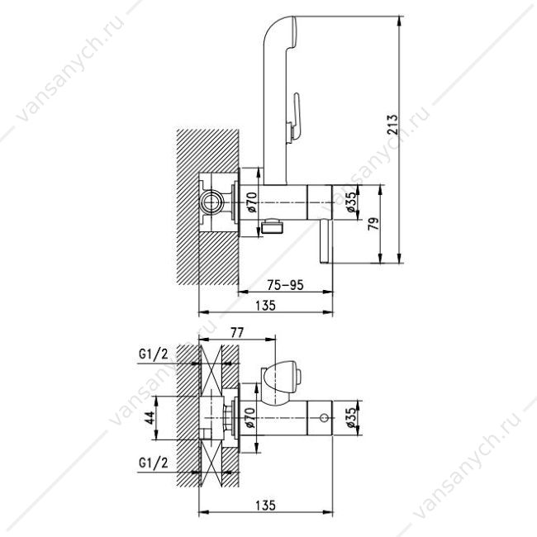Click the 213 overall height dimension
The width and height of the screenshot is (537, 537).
coord(392,124)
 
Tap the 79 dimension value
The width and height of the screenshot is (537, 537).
coord(373,224)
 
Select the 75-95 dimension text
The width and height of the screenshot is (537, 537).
coord(285,284)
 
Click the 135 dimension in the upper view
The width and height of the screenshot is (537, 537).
coord(265,305)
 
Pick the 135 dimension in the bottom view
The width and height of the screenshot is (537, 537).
coord(265,505)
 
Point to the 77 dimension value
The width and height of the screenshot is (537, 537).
coord(237,332)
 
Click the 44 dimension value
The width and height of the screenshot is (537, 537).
coord(150,417)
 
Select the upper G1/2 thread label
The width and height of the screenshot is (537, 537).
coord(154,354)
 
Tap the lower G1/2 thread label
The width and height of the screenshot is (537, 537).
coord(154,463)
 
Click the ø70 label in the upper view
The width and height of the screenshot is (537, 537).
coord(252,202)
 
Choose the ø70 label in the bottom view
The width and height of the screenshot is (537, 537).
coord(250,417)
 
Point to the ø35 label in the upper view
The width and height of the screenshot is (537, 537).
coord(352,202)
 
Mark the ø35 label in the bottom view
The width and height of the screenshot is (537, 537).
coord(352,417)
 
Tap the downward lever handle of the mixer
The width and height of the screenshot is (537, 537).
coord(324,241)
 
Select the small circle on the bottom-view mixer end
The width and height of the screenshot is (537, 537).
coord(324,418)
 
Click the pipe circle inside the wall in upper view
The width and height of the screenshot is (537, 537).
coord(211,202)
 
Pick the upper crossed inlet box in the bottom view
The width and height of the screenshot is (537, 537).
coord(211,371)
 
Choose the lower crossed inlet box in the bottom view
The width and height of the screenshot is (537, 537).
coord(211,463)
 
